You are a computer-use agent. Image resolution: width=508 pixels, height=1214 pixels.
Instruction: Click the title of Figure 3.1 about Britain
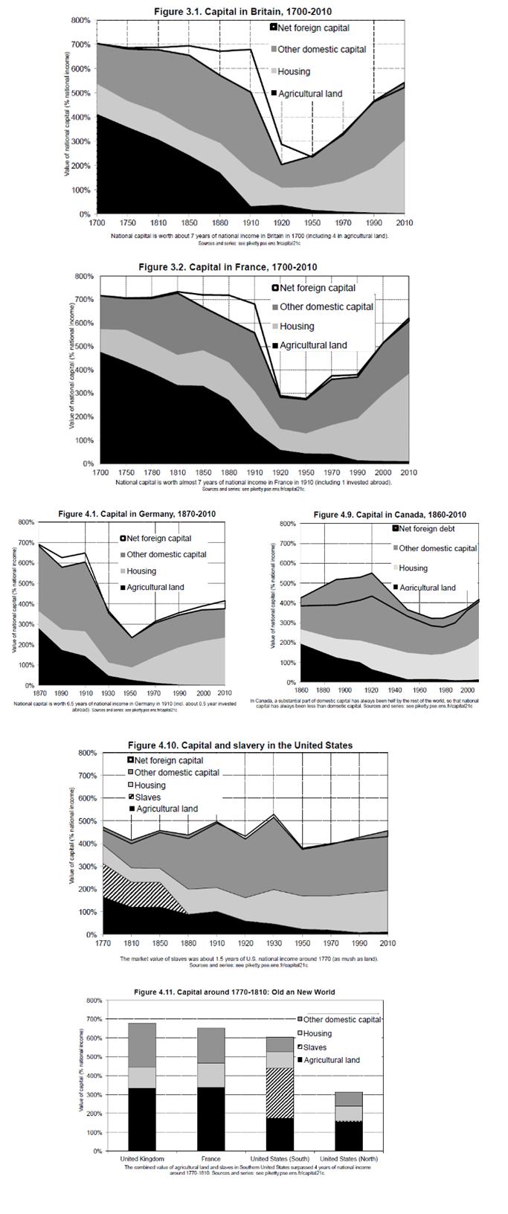click(242, 12)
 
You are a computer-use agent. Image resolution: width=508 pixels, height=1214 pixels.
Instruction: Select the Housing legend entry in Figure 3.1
click(294, 71)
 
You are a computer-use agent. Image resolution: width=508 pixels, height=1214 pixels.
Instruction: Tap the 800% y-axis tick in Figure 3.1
click(80, 21)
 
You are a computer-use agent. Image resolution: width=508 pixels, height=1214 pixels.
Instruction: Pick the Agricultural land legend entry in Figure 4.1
click(155, 588)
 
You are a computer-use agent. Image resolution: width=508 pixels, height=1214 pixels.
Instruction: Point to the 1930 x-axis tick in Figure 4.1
click(109, 693)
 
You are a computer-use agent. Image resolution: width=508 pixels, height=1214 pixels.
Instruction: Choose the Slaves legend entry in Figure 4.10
click(147, 797)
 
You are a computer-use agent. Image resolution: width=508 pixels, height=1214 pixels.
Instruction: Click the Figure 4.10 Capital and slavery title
click(240, 745)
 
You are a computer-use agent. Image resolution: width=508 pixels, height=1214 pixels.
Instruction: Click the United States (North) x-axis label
click(348, 1159)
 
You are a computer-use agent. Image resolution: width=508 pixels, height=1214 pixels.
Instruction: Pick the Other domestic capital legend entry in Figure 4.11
click(341, 1020)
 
